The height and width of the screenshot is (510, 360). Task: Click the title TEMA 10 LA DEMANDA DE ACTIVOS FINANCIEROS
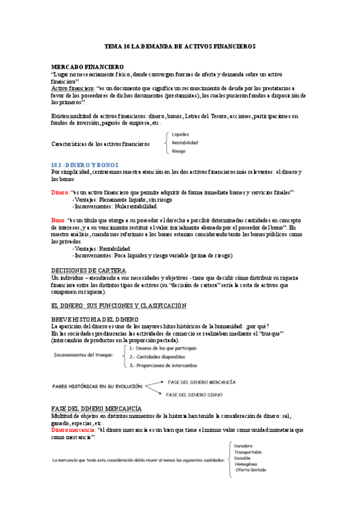point(180,46)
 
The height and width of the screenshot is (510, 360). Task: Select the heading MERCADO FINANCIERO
point(87,66)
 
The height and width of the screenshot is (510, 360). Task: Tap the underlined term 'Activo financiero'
point(72,88)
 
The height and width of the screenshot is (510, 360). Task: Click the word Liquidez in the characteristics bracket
point(181,134)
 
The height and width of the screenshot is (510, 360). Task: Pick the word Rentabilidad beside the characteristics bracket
point(185,143)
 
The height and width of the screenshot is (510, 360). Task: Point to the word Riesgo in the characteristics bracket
point(179,151)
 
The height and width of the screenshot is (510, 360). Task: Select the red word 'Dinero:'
point(60,192)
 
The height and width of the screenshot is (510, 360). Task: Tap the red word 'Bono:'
point(58,220)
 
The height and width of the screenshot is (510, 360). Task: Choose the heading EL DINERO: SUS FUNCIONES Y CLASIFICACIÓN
point(119,306)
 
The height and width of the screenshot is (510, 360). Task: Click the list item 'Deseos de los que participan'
point(162,348)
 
